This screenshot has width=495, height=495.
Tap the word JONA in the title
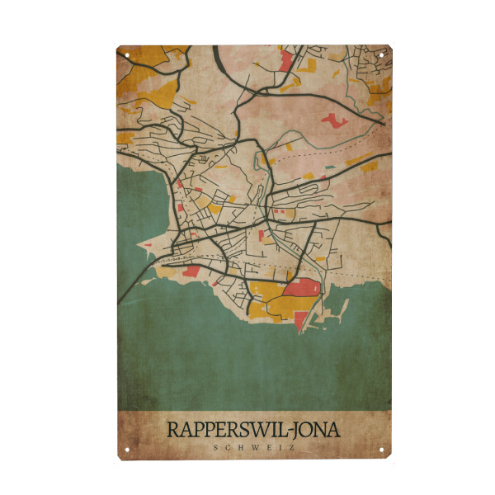312,430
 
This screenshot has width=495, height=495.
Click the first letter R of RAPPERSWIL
172,430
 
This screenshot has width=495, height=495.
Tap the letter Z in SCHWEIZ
291,448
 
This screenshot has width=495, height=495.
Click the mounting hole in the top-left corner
127,55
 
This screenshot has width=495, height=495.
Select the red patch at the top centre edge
288,59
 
